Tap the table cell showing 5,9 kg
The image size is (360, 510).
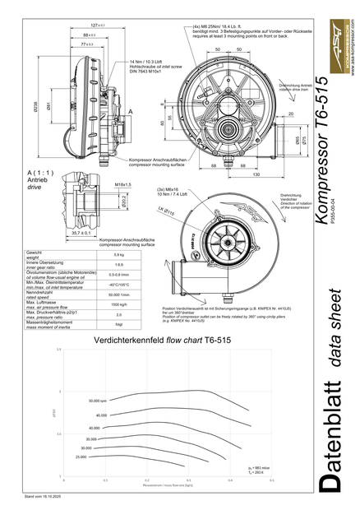118,254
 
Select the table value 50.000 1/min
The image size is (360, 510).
118,294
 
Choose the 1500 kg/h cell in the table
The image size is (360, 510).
118,304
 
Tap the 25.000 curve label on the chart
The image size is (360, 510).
81,457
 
